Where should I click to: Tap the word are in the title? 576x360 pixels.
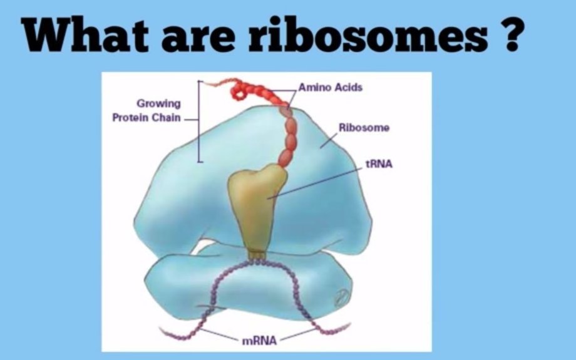pyautogui.click(x=198, y=38)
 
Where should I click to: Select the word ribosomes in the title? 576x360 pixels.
pyautogui.click(x=368, y=34)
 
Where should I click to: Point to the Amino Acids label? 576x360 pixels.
pyautogui.click(x=330, y=88)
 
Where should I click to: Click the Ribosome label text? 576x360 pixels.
pyautogui.click(x=364, y=128)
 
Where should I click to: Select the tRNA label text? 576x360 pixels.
pyautogui.click(x=379, y=164)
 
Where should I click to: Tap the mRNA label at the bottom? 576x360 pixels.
pyautogui.click(x=259, y=341)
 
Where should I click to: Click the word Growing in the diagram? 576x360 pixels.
pyautogui.click(x=158, y=104)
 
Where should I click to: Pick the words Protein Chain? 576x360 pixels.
pyautogui.click(x=147, y=118)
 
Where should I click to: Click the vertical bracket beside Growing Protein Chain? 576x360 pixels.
pyautogui.click(x=198, y=121)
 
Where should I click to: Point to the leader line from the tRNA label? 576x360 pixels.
pyautogui.click(x=315, y=183)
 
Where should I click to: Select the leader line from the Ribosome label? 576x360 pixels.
pyautogui.click(x=329, y=140)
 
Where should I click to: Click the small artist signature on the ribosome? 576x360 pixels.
pyautogui.click(x=341, y=297)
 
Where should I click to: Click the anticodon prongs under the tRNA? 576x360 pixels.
pyautogui.click(x=257, y=255)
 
